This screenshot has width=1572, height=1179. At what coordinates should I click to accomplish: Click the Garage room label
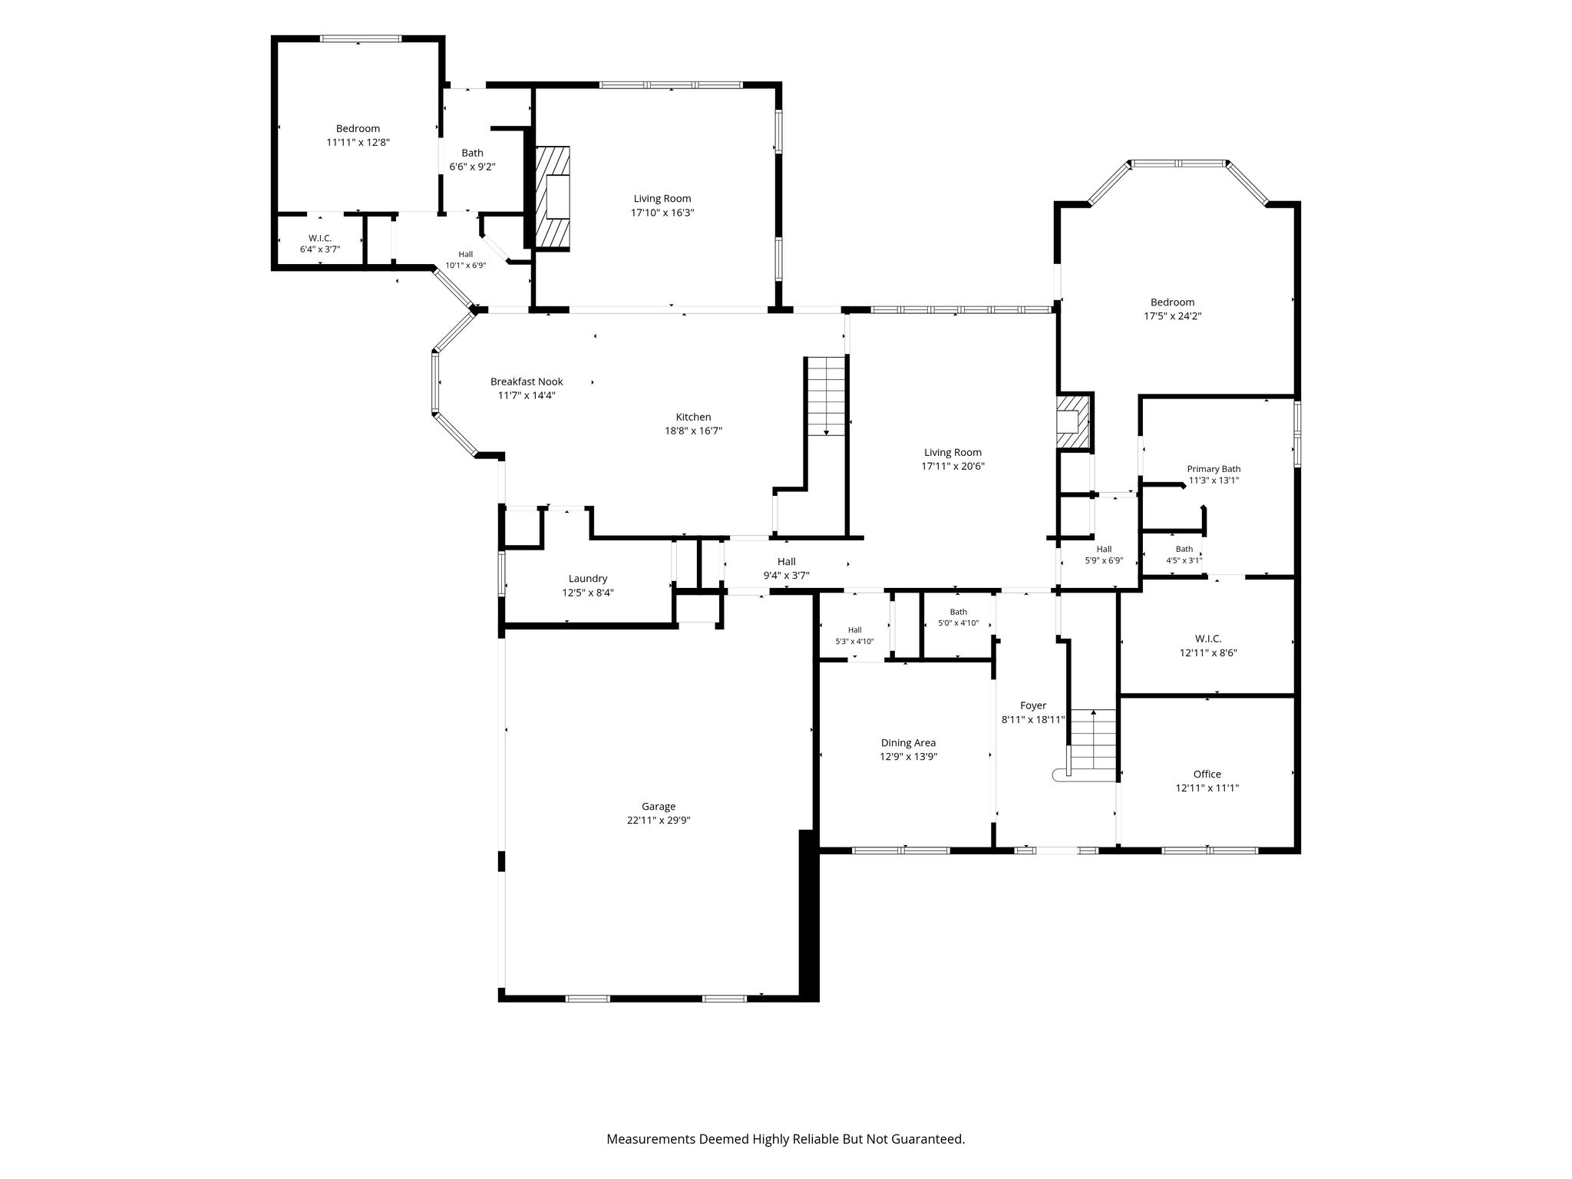(x=659, y=806)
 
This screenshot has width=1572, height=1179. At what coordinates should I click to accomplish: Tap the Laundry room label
(x=588, y=579)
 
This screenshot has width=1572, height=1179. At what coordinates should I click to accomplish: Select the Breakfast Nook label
(x=527, y=381)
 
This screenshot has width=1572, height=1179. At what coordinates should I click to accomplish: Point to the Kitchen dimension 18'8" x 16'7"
(x=693, y=431)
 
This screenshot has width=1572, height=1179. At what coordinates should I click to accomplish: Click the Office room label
(x=1207, y=774)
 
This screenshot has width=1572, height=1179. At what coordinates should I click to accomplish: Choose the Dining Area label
(x=908, y=743)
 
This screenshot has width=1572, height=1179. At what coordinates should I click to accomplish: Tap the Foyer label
(x=1033, y=705)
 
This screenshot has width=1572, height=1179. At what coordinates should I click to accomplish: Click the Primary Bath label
(x=1214, y=469)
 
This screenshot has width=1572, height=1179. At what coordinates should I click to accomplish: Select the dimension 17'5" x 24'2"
(x=1172, y=315)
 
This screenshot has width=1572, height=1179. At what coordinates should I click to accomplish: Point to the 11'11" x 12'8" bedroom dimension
(x=358, y=142)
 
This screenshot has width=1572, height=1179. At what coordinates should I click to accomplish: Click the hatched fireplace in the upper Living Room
(x=553, y=198)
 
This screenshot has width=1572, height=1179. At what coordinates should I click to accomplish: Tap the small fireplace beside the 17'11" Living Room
(x=1073, y=422)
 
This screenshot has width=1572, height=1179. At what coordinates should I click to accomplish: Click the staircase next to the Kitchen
(x=826, y=397)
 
